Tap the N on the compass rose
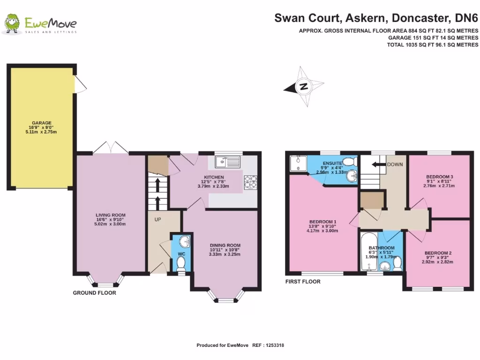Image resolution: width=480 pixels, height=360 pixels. [x=304, y=86]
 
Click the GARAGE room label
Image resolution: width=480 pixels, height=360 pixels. [x=42, y=123]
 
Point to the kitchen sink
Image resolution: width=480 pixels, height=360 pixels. [x=227, y=162]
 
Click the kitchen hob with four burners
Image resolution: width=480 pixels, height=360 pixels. [x=250, y=182]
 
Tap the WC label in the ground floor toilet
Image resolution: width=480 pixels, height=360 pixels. [x=181, y=254]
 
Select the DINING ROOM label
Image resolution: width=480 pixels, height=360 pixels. [x=225, y=245]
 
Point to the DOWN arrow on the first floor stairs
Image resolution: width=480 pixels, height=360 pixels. [x=376, y=165]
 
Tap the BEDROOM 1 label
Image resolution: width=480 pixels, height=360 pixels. [x=323, y=222]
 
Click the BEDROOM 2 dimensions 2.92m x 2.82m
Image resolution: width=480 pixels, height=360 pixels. [x=438, y=262]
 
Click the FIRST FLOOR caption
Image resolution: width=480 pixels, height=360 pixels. [x=303, y=282]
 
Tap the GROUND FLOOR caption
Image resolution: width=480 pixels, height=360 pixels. [x=94, y=292]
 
